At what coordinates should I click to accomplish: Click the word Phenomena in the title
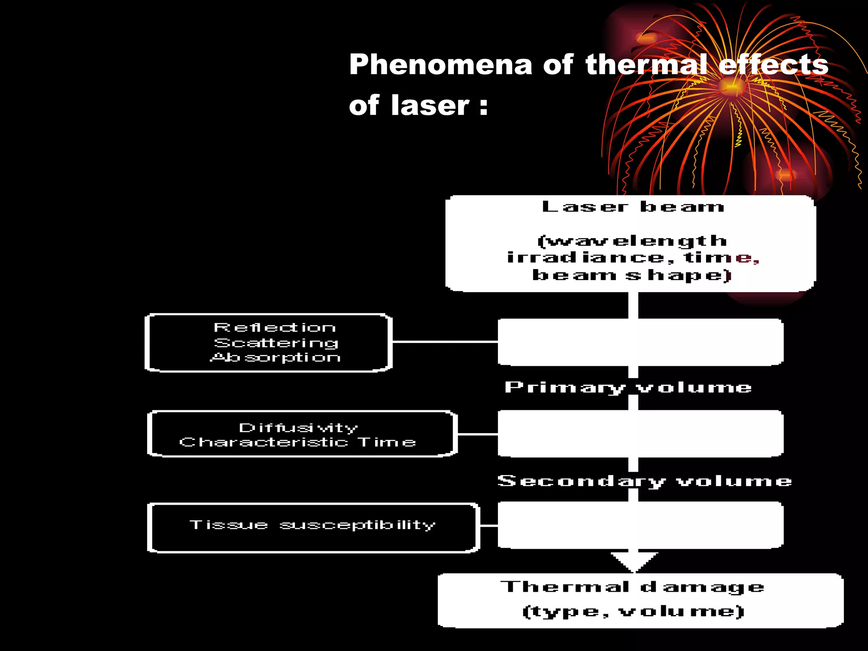click(x=440, y=65)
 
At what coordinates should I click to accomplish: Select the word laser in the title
click(x=430, y=106)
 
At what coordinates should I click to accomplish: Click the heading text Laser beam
click(x=633, y=207)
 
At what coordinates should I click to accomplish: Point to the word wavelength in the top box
click(x=633, y=241)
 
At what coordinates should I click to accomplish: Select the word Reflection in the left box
click(x=275, y=328)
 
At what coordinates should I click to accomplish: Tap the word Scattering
click(x=276, y=342)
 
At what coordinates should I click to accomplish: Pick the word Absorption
click(x=275, y=357)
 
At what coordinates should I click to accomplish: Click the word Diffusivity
click(x=298, y=428)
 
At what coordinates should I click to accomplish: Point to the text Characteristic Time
click(x=298, y=442)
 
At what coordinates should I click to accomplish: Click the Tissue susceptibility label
click(x=312, y=525)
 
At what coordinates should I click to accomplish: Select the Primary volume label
click(x=628, y=387)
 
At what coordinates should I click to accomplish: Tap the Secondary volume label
click(x=645, y=481)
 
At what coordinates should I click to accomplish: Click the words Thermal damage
click(x=633, y=587)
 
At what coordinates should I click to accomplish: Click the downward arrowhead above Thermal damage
click(x=634, y=562)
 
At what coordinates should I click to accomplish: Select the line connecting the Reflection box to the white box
click(x=445, y=341)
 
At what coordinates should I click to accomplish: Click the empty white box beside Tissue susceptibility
click(x=640, y=525)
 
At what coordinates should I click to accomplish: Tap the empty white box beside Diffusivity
click(x=640, y=434)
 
